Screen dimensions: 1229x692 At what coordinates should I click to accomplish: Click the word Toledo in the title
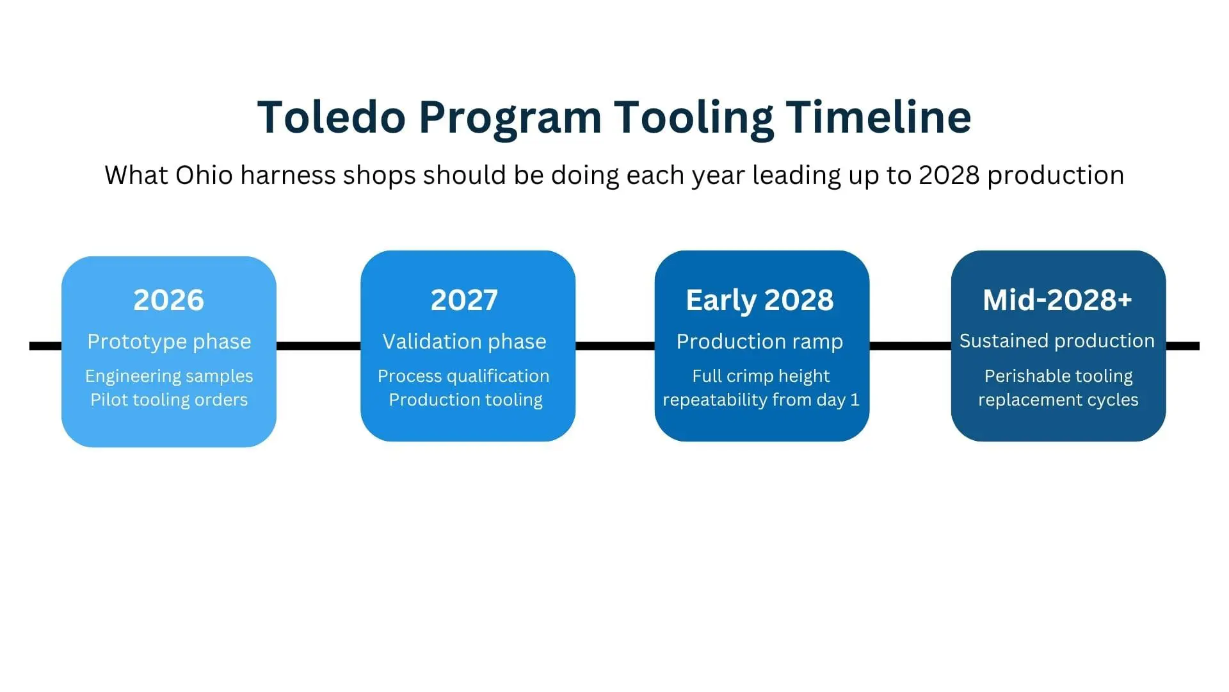332,117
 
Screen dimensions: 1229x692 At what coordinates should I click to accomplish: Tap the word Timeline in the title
878,117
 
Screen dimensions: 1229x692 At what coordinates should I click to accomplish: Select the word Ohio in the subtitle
204,175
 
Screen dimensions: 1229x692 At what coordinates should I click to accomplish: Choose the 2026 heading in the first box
169,300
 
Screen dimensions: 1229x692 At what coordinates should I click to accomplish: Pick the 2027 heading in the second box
464,300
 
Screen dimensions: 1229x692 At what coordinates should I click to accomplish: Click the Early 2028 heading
760,301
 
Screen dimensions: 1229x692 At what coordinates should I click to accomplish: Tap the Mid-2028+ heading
1057,300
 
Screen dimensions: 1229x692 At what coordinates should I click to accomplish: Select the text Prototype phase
169,342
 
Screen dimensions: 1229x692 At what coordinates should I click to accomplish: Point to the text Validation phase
464,342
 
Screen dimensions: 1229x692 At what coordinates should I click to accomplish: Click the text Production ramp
760,342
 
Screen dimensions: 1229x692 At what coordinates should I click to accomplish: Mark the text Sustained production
1057,341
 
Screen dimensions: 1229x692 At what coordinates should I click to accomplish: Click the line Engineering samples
169,376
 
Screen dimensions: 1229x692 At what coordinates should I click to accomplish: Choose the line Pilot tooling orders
169,400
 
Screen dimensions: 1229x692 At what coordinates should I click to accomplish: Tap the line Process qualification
463,376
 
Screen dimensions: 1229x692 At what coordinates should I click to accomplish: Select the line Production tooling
465,400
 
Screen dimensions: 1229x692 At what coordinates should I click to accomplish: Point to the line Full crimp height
760,376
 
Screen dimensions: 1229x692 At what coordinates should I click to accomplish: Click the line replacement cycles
1058,400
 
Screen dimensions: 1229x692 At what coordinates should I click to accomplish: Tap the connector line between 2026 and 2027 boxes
319,346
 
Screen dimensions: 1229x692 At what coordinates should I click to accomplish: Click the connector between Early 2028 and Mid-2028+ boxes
910,346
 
